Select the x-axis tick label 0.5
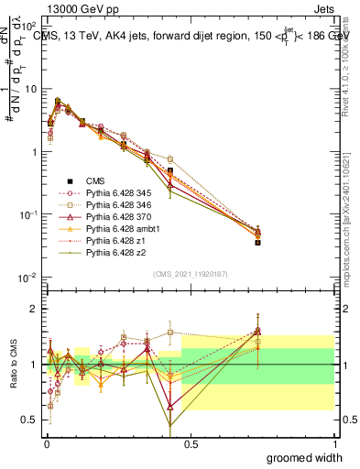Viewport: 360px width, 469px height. point(190,442)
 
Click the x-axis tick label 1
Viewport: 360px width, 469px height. point(334,442)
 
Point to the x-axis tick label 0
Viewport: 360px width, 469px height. point(46,442)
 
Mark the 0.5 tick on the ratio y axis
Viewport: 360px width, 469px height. point(33,420)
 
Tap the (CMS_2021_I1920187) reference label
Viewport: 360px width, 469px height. point(190,274)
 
